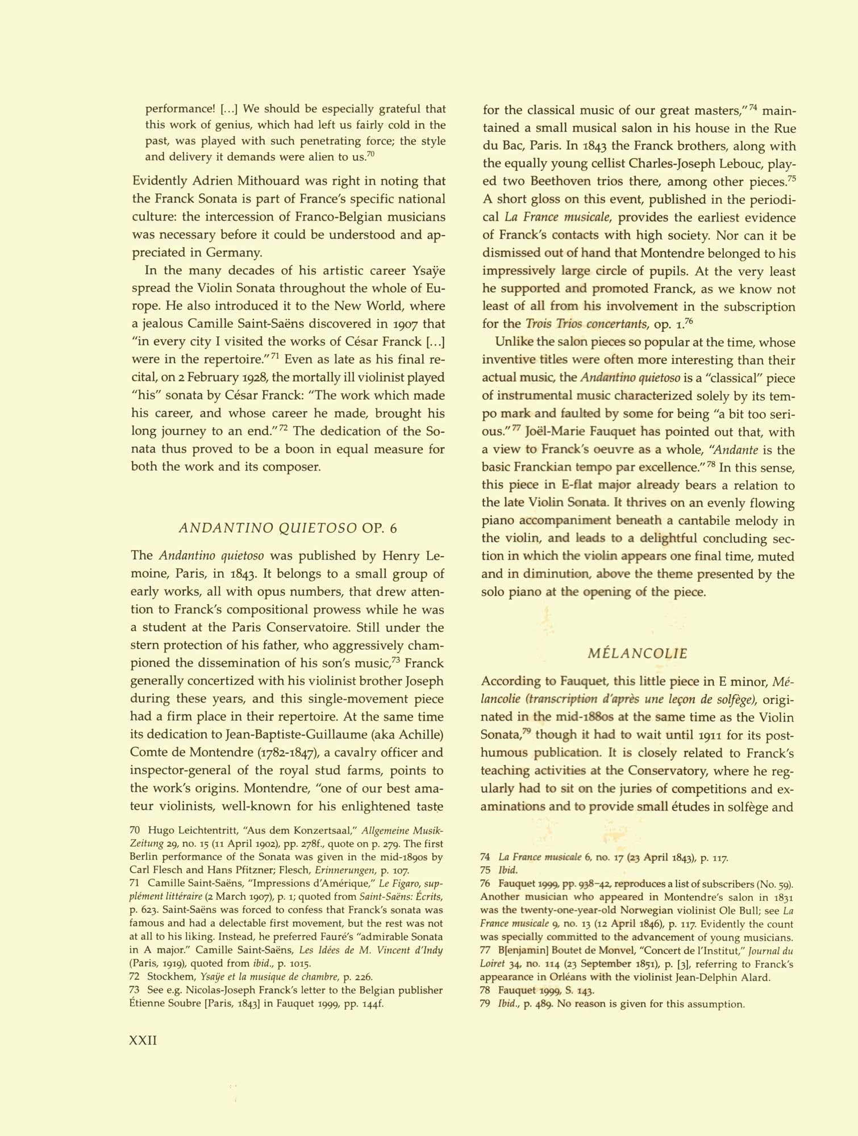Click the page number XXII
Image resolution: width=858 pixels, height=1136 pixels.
click(x=143, y=1040)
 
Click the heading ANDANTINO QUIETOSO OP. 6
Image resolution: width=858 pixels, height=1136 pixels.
click(x=288, y=528)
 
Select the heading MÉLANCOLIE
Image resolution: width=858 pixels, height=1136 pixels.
click(x=638, y=653)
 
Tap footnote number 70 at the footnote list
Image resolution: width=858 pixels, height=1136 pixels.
click(x=135, y=831)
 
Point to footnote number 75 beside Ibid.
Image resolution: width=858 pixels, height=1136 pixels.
click(x=485, y=870)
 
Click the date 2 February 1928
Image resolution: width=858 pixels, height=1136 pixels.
click(x=213, y=378)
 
